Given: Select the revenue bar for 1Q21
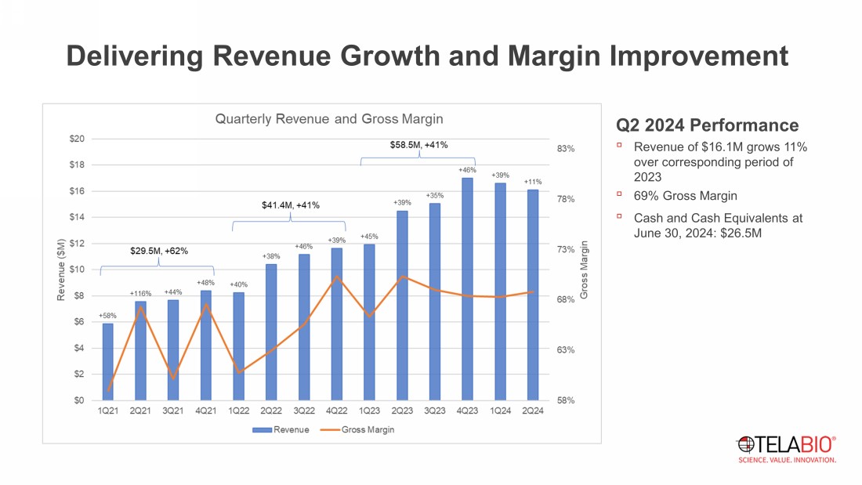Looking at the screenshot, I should tap(107, 361).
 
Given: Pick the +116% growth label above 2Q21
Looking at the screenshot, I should tap(140, 293).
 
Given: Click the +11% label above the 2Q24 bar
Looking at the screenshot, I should tap(533, 182).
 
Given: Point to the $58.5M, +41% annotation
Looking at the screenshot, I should tap(418, 145).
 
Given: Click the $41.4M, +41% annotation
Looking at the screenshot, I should tap(291, 205).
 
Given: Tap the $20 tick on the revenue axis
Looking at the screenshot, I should tap(77, 139).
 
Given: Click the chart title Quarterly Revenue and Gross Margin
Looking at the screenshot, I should tap(329, 119).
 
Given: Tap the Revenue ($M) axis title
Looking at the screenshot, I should tap(60, 270).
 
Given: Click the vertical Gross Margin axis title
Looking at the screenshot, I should tap(584, 270).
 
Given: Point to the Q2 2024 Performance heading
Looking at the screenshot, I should tap(708, 125).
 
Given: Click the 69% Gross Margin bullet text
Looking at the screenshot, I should tap(685, 196).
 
